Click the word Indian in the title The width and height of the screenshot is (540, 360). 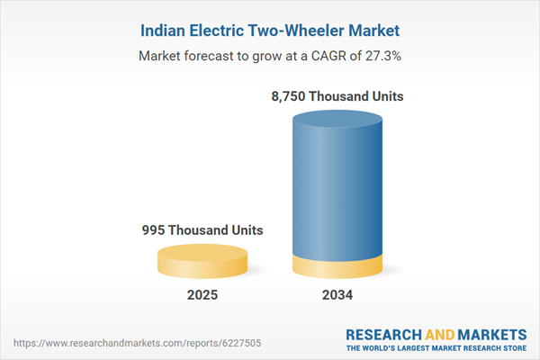tap(166, 31)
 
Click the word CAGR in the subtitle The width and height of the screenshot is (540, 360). tap(321, 56)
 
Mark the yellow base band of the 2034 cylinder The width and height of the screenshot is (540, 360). tap(337, 268)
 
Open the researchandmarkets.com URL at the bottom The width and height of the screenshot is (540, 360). tap(144, 343)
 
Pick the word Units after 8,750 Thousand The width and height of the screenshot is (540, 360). tap(382, 96)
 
